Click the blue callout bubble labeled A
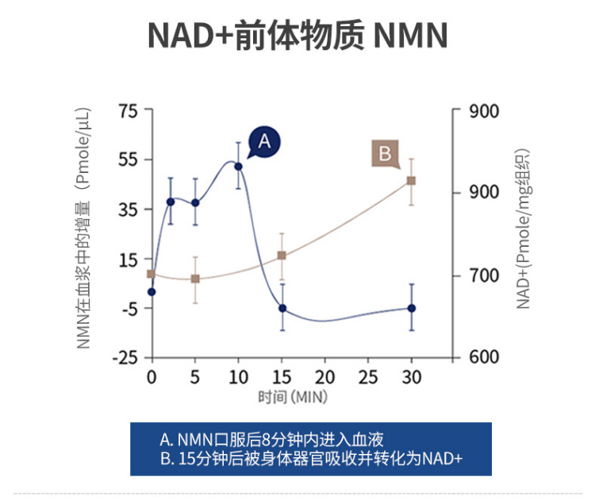tap(264, 141)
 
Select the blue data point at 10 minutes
tap(238, 166)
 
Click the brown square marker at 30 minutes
tap(411, 181)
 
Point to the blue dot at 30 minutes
tap(411, 308)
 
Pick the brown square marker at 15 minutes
tap(282, 256)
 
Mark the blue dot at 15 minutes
tap(282, 308)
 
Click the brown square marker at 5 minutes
tap(195, 279)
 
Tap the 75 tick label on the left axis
tap(129, 110)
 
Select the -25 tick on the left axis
tap(125, 358)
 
